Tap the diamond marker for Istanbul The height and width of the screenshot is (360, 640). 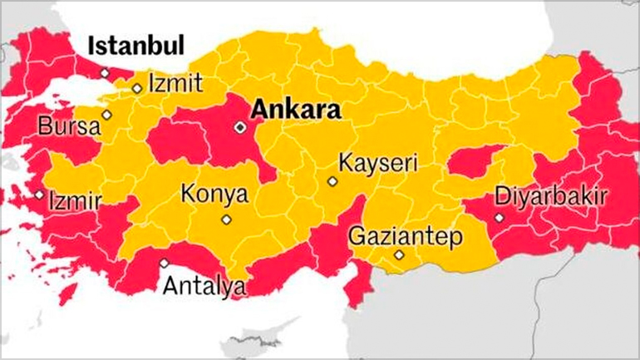coord(105,73)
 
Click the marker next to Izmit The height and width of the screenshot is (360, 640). coord(136,88)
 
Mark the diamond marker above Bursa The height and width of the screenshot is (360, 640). coord(106,115)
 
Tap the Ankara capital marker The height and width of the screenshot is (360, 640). coord(240,127)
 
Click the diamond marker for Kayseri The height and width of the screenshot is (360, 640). coord(332,180)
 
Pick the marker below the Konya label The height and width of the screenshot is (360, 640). coord(225,219)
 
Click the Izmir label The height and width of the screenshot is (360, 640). coord(75,201)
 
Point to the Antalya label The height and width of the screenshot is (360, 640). coord(204,287)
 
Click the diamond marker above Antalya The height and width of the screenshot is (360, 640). coord(164,263)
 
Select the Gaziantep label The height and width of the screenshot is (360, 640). coord(405,235)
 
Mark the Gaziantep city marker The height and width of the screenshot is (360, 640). coord(400,255)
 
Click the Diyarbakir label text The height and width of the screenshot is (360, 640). coord(551,196)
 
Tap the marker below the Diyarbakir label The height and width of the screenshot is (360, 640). coord(499,218)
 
